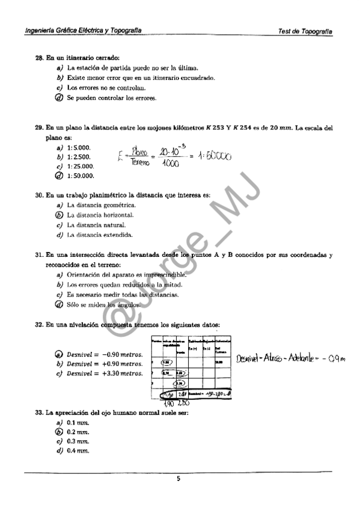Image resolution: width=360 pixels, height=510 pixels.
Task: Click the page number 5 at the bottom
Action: tap(178, 479)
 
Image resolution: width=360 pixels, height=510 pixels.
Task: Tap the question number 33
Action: tap(39, 412)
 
